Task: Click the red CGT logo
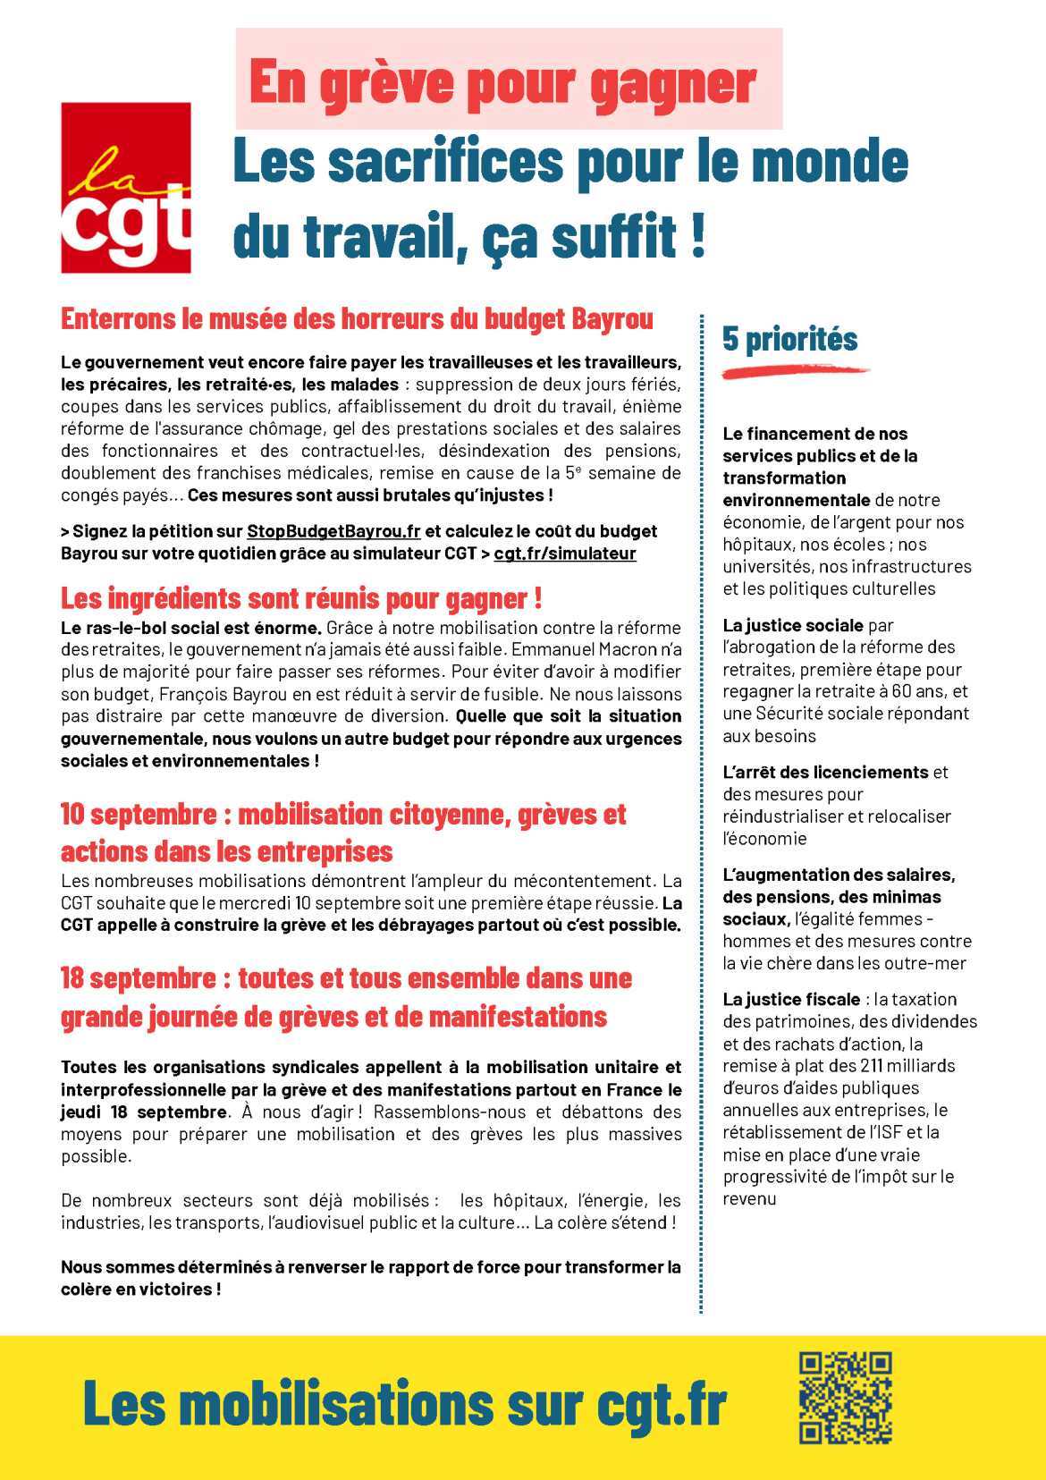pyautogui.click(x=125, y=187)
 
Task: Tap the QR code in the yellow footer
pyautogui.click(x=845, y=1398)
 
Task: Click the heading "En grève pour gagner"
pyautogui.click(x=502, y=82)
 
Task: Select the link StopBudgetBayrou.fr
pyautogui.click(x=333, y=531)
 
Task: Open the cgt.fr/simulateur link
pyautogui.click(x=565, y=554)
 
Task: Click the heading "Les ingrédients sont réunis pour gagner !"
pyautogui.click(x=301, y=597)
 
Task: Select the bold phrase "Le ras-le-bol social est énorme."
pyautogui.click(x=191, y=628)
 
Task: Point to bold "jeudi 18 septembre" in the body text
pyautogui.click(x=143, y=1112)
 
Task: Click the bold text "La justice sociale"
pyautogui.click(x=793, y=625)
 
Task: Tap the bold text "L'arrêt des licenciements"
pyautogui.click(x=826, y=772)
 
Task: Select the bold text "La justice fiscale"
pyautogui.click(x=790, y=999)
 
